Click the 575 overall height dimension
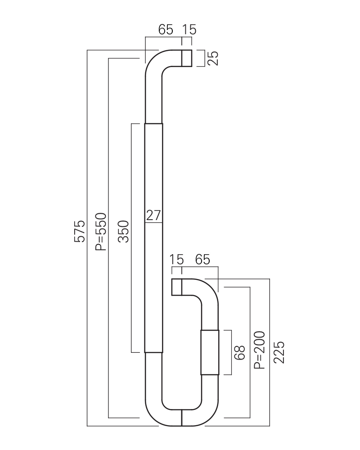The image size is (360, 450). pyautogui.click(x=80, y=231)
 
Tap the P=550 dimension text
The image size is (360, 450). pyautogui.click(x=101, y=231)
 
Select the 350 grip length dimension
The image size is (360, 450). pyautogui.click(x=123, y=231)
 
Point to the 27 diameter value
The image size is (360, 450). pyautogui.click(x=153, y=215)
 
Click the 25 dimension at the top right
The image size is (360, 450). pyautogui.click(x=213, y=58)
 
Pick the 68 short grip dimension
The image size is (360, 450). pyautogui.click(x=239, y=352)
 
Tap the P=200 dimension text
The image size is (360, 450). pyautogui.click(x=260, y=350)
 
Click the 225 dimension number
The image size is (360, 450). pyautogui.click(x=279, y=352)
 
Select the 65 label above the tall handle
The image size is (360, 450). pyautogui.click(x=166, y=30)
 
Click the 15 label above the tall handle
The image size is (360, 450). pyautogui.click(x=189, y=30)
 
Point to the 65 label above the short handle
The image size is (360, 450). pyautogui.click(x=202, y=260)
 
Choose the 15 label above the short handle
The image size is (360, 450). pyautogui.click(x=176, y=260)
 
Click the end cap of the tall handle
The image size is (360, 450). pyautogui.click(x=187, y=58)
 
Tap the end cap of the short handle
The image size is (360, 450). pyautogui.click(x=176, y=287)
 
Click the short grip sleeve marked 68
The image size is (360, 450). pyautogui.click(x=210, y=352)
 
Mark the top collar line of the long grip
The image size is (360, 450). pyautogui.click(x=153, y=123)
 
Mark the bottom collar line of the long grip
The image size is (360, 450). pyautogui.click(x=153, y=352)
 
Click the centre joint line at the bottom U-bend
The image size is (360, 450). pyautogui.click(x=182, y=418)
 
